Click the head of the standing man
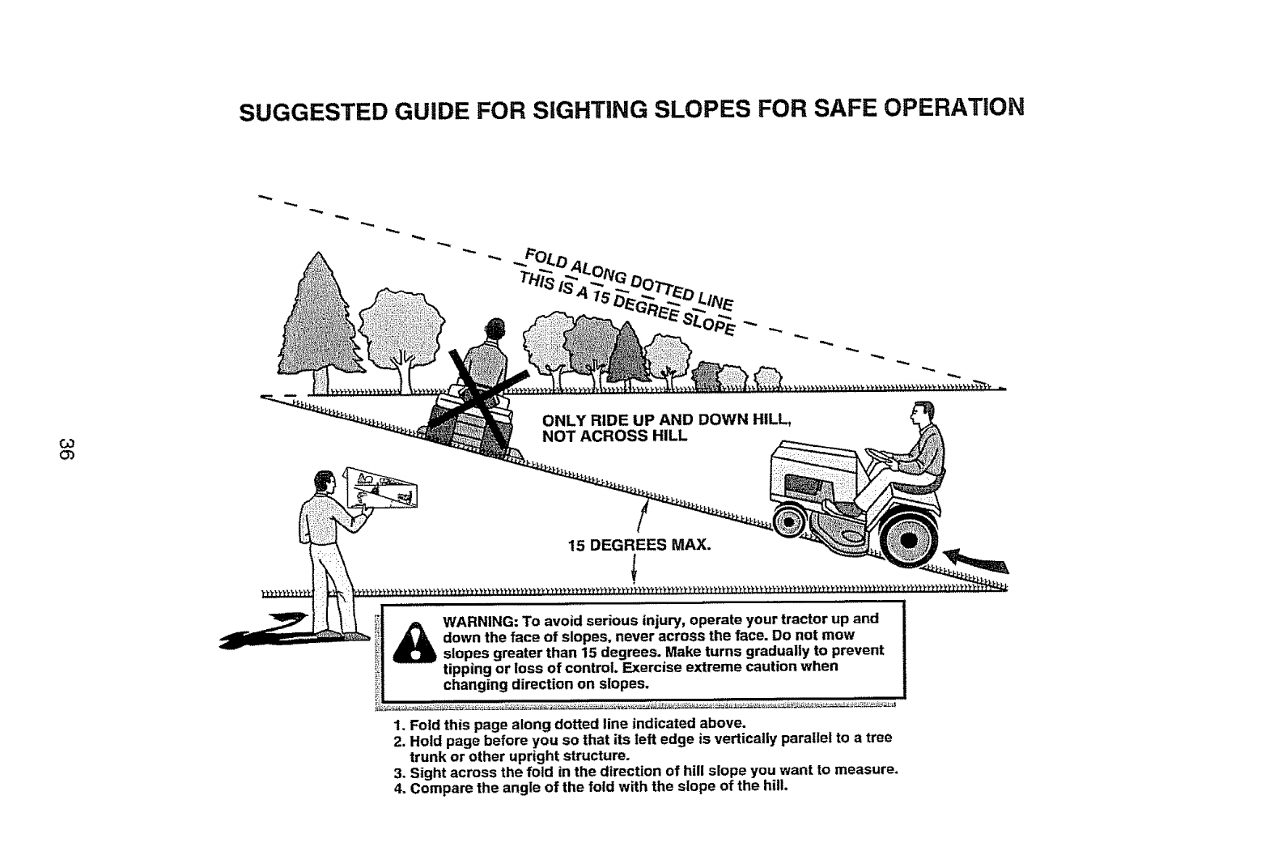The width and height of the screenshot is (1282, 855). (x=322, y=483)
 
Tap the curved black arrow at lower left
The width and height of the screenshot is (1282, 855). (x=259, y=631)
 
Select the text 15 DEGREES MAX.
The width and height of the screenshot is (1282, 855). (x=639, y=545)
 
